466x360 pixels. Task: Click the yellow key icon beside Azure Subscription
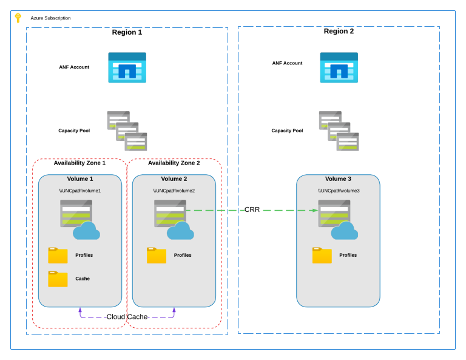(18, 18)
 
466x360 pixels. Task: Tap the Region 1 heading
(127, 32)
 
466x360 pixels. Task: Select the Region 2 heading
(339, 32)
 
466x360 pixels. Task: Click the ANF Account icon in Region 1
(127, 67)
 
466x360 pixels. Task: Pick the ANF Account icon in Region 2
(339, 67)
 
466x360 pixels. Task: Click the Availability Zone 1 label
(79, 163)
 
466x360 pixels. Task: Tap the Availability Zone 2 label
(174, 163)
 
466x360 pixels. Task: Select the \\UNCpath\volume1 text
(80, 191)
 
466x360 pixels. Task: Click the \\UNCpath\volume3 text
(339, 191)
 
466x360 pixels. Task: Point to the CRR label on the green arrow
(252, 210)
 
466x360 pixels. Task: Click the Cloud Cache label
(127, 317)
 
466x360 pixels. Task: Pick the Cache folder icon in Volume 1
(58, 279)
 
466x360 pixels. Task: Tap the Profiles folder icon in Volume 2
(157, 255)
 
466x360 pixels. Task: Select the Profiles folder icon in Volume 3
(322, 255)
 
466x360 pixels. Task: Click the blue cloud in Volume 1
(86, 231)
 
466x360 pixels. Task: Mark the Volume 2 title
(174, 179)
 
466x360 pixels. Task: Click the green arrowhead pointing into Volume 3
(314, 211)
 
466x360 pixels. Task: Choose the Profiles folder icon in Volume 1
(58, 255)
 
